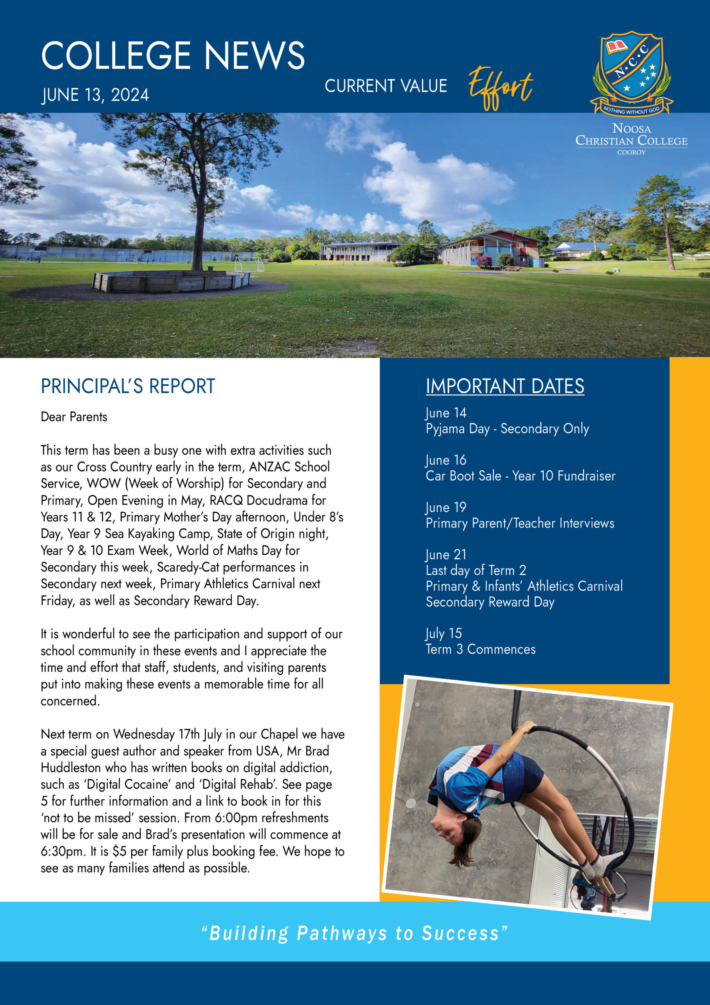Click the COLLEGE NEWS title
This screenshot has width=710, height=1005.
pyautogui.click(x=173, y=56)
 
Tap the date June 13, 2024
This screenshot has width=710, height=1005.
pyautogui.click(x=95, y=95)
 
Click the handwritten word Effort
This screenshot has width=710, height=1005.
pyautogui.click(x=501, y=87)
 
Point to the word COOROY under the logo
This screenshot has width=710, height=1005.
pyautogui.click(x=631, y=152)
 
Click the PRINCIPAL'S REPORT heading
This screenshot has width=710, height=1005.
pyautogui.click(x=128, y=386)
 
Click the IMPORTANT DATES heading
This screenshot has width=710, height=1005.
pyautogui.click(x=505, y=386)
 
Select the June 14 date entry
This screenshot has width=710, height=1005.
pyautogui.click(x=446, y=412)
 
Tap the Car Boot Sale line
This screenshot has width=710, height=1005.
pyautogui.click(x=520, y=476)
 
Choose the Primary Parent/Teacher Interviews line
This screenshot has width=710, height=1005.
pyautogui.click(x=520, y=523)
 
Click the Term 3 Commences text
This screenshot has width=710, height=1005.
pyautogui.click(x=481, y=649)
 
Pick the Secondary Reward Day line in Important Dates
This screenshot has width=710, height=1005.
pyautogui.click(x=490, y=602)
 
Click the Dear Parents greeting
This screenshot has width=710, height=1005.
pyautogui.click(x=74, y=416)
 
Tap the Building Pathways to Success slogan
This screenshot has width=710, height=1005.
pyautogui.click(x=355, y=933)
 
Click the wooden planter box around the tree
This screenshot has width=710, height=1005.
pyautogui.click(x=171, y=281)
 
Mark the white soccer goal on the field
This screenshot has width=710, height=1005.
pyautogui.click(x=248, y=264)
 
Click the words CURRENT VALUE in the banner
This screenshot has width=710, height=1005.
pyautogui.click(x=386, y=86)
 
